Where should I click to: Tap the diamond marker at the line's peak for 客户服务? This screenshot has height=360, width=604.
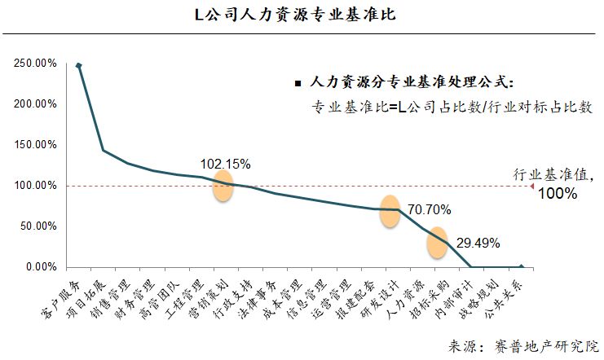point(78,65)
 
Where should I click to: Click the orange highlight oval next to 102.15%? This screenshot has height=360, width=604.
point(223,187)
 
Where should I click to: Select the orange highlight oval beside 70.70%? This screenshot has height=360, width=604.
point(390,211)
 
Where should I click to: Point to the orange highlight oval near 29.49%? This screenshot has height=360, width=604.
point(437,241)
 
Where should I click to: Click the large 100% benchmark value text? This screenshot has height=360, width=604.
point(558,194)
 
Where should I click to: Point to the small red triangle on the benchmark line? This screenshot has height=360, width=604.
point(533,187)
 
